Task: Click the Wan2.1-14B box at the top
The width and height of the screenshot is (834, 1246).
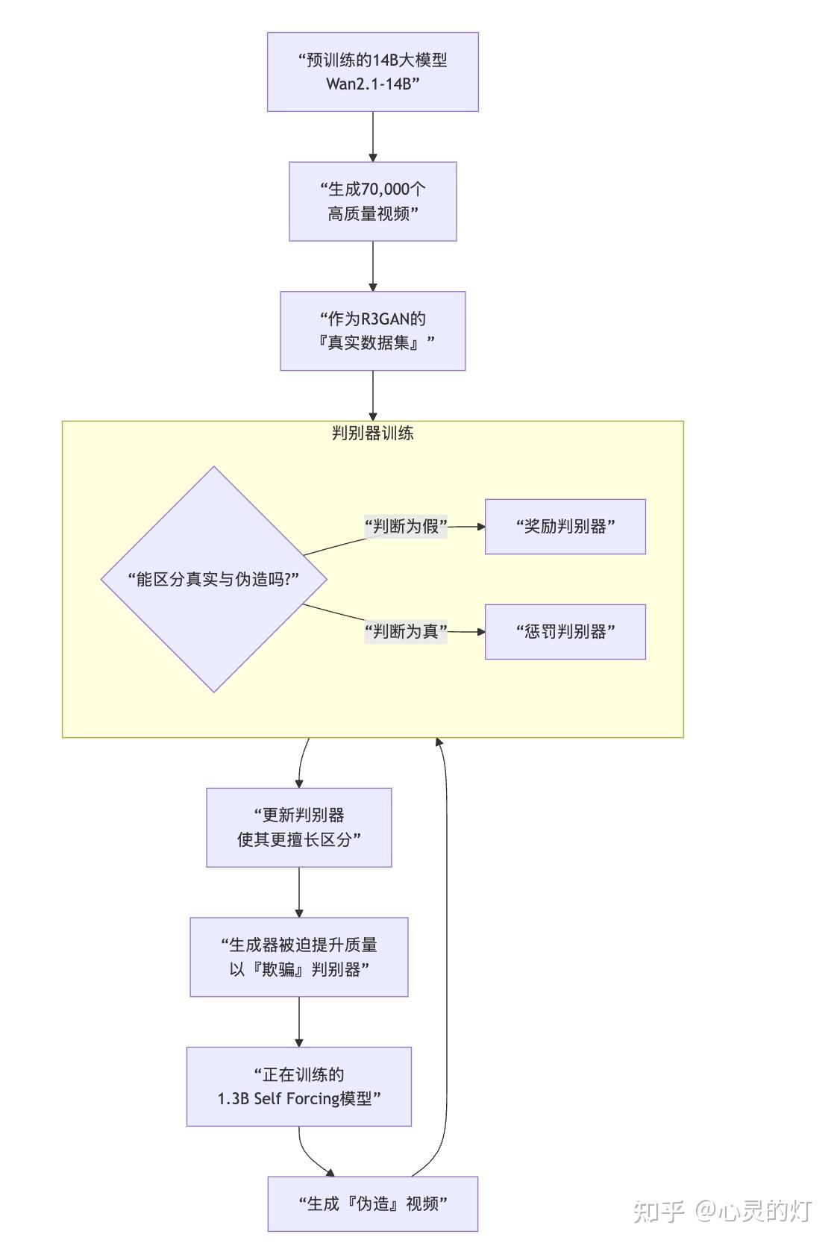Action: tap(372, 72)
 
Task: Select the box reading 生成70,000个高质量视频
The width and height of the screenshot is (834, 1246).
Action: tap(372, 201)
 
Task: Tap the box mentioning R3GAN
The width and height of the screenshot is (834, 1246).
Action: tap(372, 331)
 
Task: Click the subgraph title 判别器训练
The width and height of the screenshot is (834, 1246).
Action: tap(372, 433)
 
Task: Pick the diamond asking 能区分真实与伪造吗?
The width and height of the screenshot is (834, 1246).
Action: tap(213, 579)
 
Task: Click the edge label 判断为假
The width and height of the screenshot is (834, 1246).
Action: tap(406, 526)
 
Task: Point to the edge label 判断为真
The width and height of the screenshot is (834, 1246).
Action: tap(406, 631)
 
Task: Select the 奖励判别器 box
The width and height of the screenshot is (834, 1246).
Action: tap(565, 526)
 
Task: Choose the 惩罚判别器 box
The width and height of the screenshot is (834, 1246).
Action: tap(565, 632)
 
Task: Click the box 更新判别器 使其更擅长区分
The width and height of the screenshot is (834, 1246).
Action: tap(299, 827)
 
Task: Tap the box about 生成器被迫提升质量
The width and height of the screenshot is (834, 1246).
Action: tap(299, 957)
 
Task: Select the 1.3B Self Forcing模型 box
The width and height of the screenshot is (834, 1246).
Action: tap(299, 1086)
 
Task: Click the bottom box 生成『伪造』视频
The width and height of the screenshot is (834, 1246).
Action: tap(373, 1203)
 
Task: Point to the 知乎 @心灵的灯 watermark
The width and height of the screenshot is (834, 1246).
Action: tap(723, 1211)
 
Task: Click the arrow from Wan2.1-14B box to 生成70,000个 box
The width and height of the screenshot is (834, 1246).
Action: tap(372, 137)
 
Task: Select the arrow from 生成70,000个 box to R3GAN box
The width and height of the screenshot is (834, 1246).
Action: tap(372, 266)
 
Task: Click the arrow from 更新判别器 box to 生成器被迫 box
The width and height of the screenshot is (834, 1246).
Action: tap(299, 892)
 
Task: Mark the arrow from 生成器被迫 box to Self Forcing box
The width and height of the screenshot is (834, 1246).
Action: tap(299, 1022)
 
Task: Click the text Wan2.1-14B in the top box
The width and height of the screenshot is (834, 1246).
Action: tap(372, 84)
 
